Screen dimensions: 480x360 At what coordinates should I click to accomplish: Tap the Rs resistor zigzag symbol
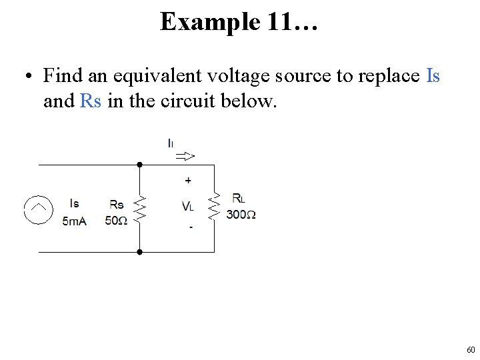click(x=140, y=208)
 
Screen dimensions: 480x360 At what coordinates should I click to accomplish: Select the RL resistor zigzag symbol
click(x=214, y=206)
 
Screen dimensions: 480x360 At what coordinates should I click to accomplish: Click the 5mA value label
click(x=75, y=221)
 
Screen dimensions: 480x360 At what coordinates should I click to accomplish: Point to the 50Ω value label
click(x=116, y=221)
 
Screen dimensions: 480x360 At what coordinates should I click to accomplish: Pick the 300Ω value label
click(x=241, y=214)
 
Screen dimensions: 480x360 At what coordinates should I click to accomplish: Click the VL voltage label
click(x=188, y=207)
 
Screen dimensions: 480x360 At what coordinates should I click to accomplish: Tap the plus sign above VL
click(x=188, y=180)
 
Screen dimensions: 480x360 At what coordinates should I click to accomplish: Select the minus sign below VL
click(x=191, y=227)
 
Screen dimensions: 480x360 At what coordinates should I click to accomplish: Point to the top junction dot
click(x=140, y=164)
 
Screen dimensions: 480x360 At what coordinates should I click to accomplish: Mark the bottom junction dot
click(x=140, y=252)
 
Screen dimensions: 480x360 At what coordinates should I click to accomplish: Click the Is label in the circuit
click(x=74, y=203)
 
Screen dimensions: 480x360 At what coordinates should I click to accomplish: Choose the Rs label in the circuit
click(x=116, y=205)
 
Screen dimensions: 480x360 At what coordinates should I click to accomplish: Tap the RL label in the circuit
click(x=238, y=198)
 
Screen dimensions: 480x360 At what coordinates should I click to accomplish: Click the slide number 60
click(x=471, y=350)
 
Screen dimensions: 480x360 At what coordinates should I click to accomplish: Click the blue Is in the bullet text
click(x=433, y=76)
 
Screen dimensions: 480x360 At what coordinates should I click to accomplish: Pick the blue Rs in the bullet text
click(x=90, y=101)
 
